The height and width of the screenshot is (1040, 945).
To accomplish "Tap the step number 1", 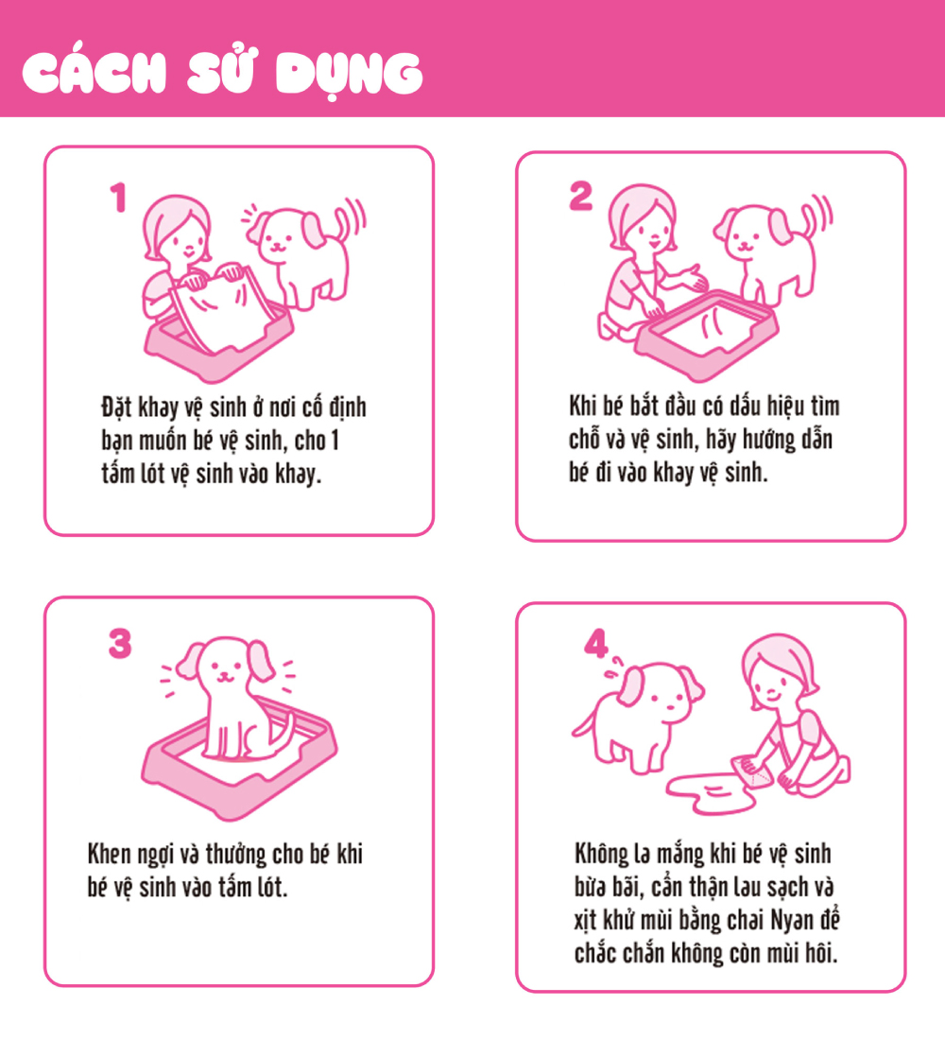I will click(x=118, y=199).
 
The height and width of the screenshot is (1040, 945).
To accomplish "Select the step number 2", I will click(x=580, y=196).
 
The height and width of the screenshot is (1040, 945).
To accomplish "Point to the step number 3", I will click(x=119, y=644).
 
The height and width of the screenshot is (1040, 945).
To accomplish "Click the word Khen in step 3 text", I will click(x=110, y=855).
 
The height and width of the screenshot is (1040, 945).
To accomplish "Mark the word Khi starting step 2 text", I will click(x=582, y=407).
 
